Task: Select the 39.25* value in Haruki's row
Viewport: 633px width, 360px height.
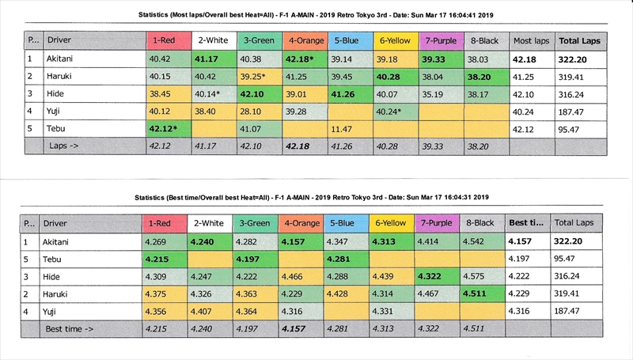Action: coord(257,76)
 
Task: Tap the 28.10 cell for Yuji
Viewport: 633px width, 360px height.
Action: coord(254,111)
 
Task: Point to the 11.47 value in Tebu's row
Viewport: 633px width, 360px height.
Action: coord(342,128)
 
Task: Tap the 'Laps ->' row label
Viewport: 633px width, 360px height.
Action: coord(65,146)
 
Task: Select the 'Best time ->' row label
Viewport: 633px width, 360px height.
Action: coord(69,327)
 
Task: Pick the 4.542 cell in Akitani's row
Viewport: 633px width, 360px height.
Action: coord(482,240)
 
